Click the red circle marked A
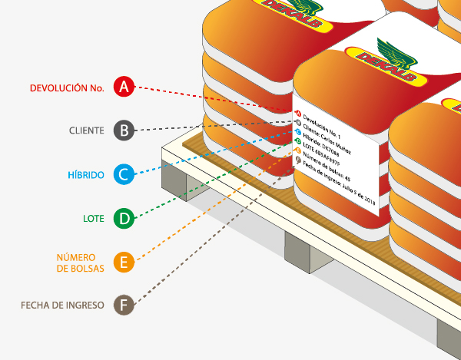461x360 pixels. pyautogui.click(x=124, y=87)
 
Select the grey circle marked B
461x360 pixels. pyautogui.click(x=124, y=130)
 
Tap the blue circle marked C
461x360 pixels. pyautogui.click(x=124, y=174)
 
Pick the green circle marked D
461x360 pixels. pyautogui.click(x=124, y=219)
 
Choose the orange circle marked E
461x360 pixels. pyautogui.click(x=124, y=263)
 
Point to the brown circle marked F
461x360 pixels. pyautogui.click(x=124, y=306)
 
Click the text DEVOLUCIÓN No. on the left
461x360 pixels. pyautogui.click(x=67, y=88)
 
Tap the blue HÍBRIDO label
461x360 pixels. pyautogui.click(x=85, y=175)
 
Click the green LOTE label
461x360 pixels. pyautogui.click(x=93, y=220)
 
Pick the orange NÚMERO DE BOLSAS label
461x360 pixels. pyautogui.click(x=80, y=263)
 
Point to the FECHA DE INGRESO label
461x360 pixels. pyautogui.click(x=62, y=306)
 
